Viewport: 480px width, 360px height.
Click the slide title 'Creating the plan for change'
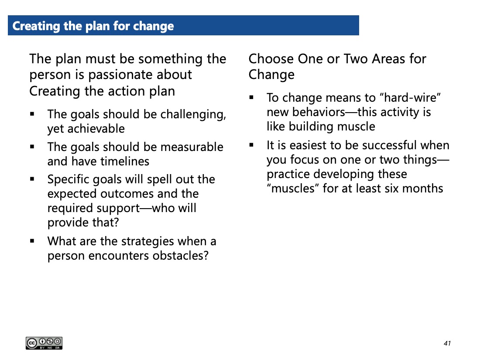coord(93,26)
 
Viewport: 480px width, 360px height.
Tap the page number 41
coord(447,343)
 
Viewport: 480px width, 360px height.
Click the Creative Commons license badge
coord(44,343)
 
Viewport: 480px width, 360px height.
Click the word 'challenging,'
coord(193,115)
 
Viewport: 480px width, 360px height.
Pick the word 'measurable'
coord(192,147)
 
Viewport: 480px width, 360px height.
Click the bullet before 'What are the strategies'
coord(32,241)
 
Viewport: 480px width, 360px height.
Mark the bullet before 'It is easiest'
coord(251,145)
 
